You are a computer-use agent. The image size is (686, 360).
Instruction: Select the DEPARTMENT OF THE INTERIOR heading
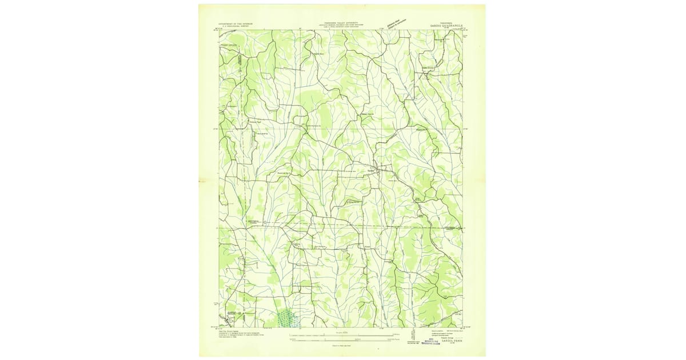tap(240, 23)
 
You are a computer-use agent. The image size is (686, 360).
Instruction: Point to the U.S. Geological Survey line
tap(240, 26)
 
